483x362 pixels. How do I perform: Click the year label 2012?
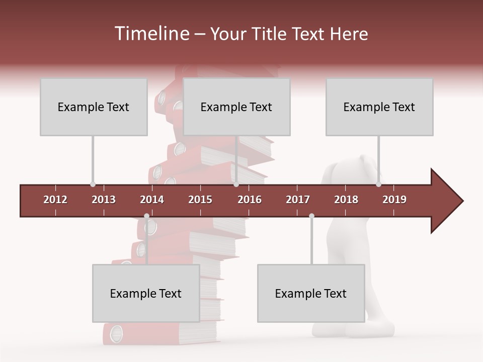[x=55, y=200]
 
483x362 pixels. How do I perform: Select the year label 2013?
[x=104, y=200]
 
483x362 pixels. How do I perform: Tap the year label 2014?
[x=152, y=200]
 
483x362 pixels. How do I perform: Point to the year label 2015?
[x=200, y=200]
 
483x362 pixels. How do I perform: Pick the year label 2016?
[x=250, y=200]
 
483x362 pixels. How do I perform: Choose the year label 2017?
[x=298, y=200]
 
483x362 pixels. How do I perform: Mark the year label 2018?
[x=346, y=200]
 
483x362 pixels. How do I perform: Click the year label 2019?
[x=394, y=200]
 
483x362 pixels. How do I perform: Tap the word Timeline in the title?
[x=151, y=34]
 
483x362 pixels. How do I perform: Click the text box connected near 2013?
[x=94, y=107]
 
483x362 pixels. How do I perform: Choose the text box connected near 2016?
[x=236, y=107]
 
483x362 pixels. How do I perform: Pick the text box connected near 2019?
[x=379, y=107]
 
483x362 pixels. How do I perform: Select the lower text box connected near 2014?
[x=146, y=293]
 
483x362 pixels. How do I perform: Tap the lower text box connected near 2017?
[x=311, y=293]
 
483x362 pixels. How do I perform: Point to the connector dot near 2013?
[x=93, y=185]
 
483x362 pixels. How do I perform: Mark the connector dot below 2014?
[x=146, y=216]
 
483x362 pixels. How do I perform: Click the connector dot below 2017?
[x=311, y=216]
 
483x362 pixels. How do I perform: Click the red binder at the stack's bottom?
[x=151, y=334]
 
